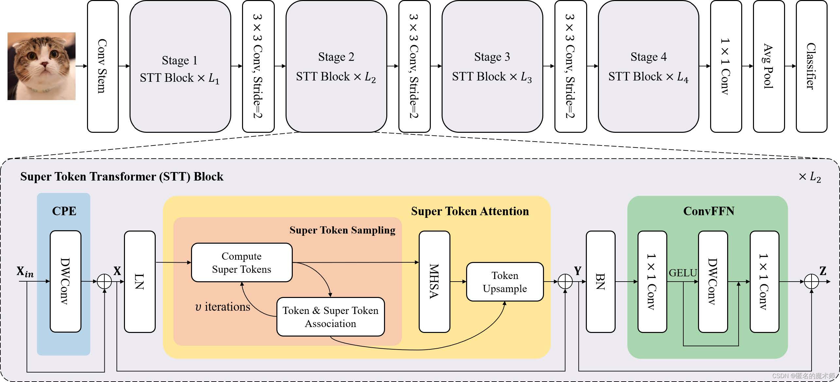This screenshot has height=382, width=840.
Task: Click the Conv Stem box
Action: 103,66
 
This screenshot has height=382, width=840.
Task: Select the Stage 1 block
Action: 180,66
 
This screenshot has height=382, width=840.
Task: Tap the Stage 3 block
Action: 492,66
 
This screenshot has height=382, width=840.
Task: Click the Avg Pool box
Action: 769,66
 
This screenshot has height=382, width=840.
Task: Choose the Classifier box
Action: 812,66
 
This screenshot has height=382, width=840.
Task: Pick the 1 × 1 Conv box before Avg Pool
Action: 726,66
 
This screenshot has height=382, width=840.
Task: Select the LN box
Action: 140,282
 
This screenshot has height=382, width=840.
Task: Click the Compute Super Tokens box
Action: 242,262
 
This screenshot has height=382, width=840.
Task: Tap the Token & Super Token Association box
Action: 330,317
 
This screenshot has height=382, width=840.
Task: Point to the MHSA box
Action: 434,282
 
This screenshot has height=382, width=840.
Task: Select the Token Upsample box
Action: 505,282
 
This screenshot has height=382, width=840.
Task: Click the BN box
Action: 601,282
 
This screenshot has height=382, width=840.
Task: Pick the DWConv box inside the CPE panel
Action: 65,281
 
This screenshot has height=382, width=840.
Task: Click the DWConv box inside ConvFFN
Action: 713,282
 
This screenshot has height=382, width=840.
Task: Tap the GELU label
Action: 683,273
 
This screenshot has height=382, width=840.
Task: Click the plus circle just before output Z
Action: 811,282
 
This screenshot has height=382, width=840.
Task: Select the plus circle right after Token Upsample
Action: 565,282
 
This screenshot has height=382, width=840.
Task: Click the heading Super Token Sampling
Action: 342,230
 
